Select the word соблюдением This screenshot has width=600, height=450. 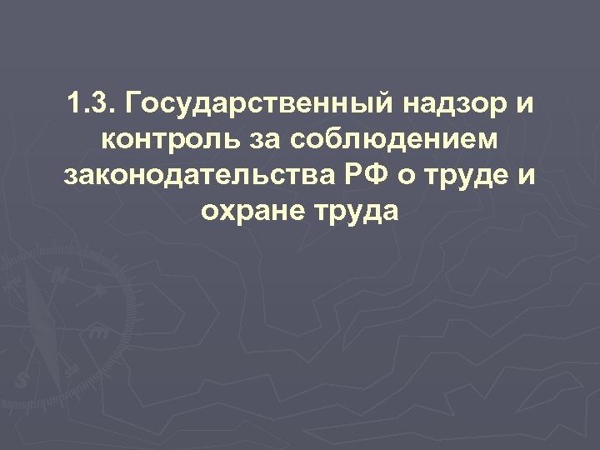pos(398,142)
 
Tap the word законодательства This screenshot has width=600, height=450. pos(187,177)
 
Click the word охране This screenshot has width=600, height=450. pos(251,212)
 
